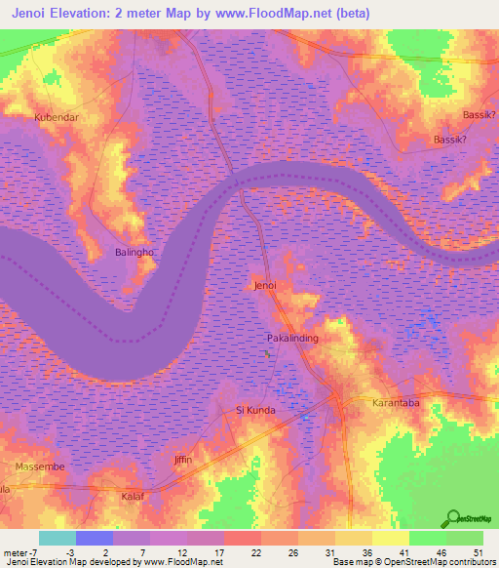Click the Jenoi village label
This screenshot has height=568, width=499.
coord(265,286)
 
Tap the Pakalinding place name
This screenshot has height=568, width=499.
coord(292,338)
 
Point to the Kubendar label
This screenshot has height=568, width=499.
coord(56,117)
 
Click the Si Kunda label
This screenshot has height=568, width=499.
coord(256,411)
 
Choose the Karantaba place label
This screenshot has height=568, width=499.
coord(396,402)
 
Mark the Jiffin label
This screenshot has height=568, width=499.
coord(183,459)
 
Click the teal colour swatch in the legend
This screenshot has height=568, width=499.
coord(58,538)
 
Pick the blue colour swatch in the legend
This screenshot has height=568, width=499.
coord(95,538)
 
